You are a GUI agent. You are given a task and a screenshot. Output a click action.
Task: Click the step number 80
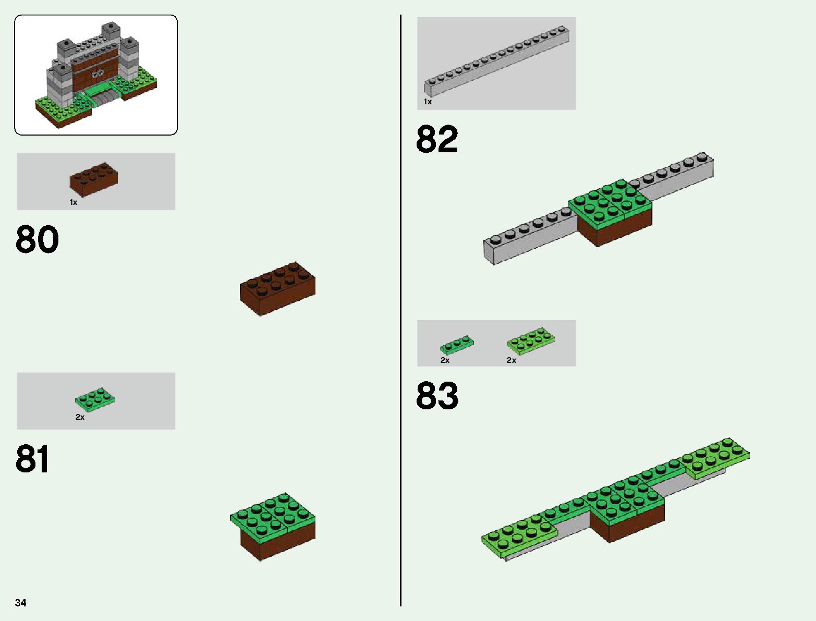tap(37, 239)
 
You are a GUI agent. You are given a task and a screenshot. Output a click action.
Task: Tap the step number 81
tap(32, 459)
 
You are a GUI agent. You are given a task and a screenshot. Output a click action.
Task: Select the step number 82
tap(437, 139)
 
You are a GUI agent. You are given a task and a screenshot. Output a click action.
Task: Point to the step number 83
tap(437, 396)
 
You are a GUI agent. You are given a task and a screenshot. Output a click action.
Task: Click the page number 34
tap(20, 603)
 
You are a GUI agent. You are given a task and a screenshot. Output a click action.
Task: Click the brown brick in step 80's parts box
tap(94, 179)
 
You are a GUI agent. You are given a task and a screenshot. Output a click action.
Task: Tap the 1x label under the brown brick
tap(74, 202)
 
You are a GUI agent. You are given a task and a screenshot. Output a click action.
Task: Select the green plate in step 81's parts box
tap(95, 399)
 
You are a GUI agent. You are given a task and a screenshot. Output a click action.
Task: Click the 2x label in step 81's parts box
tap(80, 417)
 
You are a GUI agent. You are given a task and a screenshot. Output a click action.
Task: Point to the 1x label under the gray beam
tap(428, 102)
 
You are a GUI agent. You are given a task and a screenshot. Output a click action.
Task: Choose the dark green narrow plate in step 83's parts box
tap(457, 345)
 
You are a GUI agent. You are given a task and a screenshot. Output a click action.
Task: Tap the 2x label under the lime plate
tap(511, 360)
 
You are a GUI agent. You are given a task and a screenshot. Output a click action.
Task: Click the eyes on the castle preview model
tap(97, 75)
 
